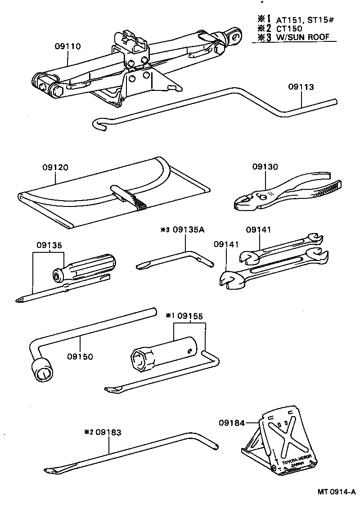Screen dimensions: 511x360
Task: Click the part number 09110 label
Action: pos(68,46)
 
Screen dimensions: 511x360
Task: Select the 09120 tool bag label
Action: pos(56,167)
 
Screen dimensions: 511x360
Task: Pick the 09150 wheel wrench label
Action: pos(80,357)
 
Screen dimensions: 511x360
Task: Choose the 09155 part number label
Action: pos(190,316)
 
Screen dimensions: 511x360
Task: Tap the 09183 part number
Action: pos(108,432)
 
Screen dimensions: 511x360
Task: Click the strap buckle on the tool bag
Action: pos(124,194)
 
